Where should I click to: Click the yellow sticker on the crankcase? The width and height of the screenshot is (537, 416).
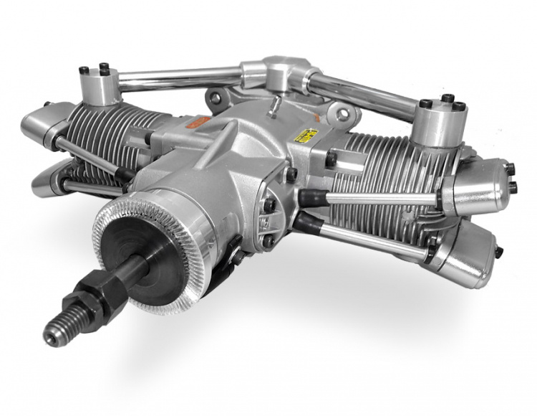click(x=308, y=136)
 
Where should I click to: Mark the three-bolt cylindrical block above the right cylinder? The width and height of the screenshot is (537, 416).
click(x=440, y=118)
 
